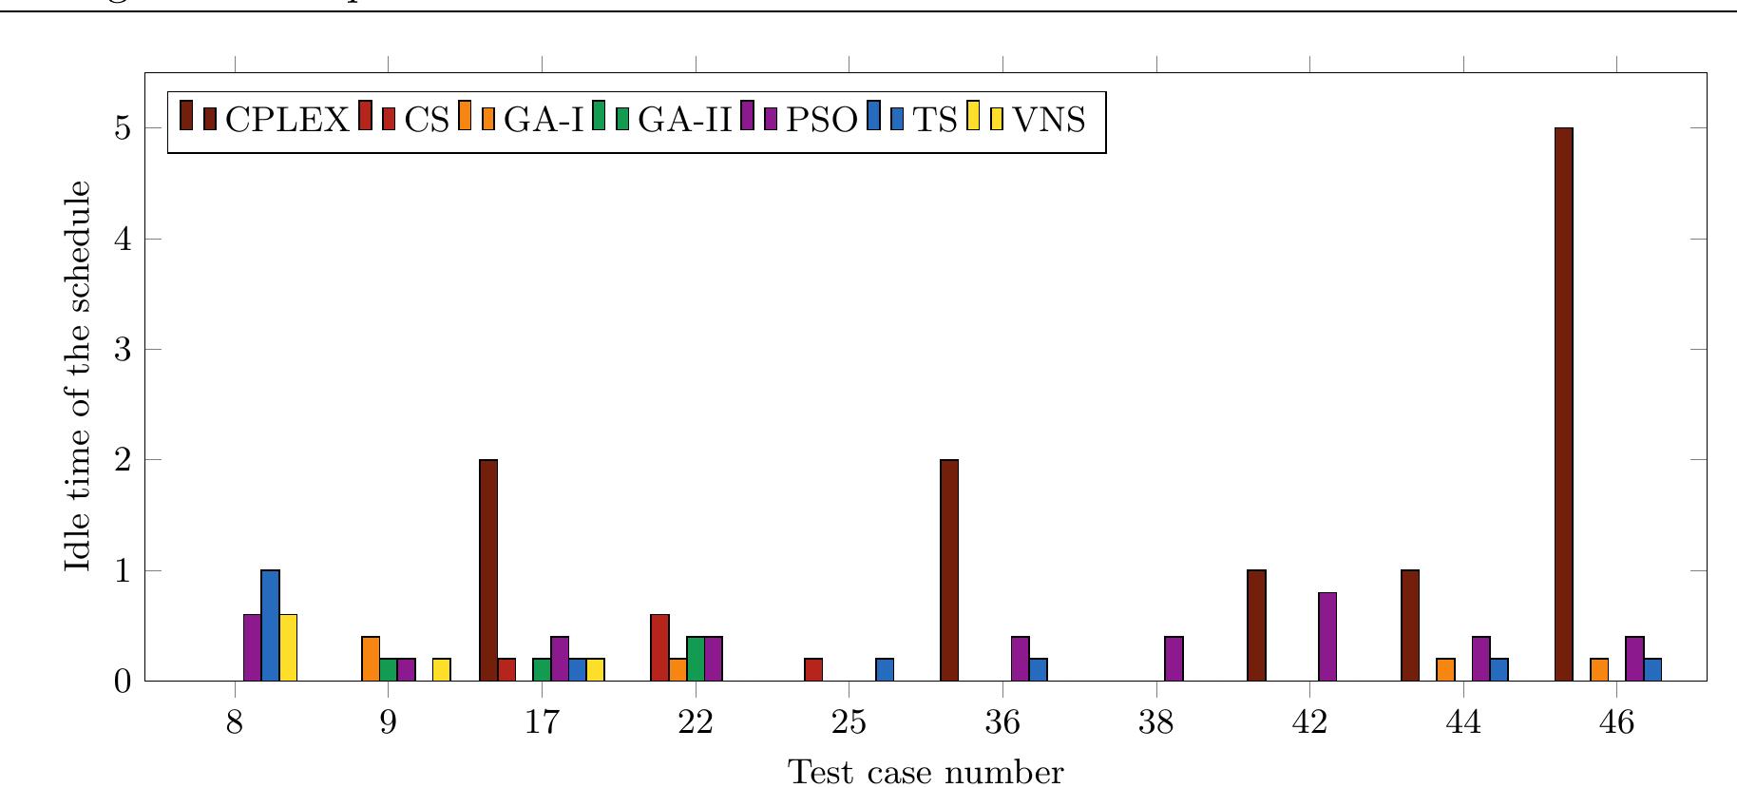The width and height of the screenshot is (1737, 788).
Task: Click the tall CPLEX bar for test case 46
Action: point(1563,404)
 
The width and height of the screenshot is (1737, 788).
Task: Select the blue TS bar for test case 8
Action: point(270,625)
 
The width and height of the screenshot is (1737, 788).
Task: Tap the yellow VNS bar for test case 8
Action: point(288,647)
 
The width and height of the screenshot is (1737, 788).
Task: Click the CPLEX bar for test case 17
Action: point(488,570)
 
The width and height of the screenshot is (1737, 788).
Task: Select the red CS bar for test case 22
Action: point(659,647)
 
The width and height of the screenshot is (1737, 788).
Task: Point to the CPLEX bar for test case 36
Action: point(948,570)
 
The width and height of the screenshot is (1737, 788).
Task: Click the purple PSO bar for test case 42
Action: point(1327,637)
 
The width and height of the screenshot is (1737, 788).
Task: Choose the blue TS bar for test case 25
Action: point(885,669)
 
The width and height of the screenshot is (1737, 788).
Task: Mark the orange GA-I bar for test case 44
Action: point(1445,669)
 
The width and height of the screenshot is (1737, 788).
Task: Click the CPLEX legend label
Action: point(287,121)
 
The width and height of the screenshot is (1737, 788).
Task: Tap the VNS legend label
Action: point(1049,121)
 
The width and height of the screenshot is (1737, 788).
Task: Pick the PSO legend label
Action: point(822,121)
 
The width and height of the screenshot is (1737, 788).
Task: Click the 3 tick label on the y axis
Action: point(124,350)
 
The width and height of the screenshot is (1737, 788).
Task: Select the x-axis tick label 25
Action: point(849,724)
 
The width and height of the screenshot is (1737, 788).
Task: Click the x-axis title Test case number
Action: point(926,772)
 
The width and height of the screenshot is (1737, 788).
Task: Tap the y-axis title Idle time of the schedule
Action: point(80,375)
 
